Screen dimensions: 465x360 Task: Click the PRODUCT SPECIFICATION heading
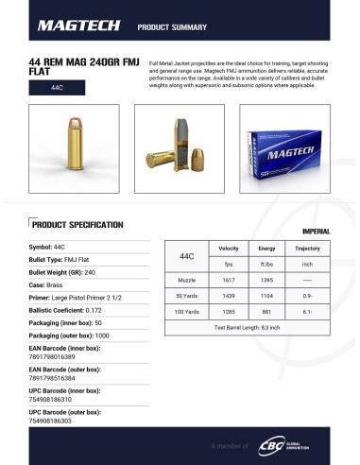(77, 225)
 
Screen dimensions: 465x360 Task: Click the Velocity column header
(228, 249)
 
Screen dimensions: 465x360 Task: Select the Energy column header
(267, 249)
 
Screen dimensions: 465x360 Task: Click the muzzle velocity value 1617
(228, 281)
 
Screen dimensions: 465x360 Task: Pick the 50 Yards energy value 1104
(267, 296)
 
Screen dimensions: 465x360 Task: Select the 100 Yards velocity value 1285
(228, 311)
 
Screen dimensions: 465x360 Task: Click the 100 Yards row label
(186, 311)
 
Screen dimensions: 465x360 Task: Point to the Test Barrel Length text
(248, 327)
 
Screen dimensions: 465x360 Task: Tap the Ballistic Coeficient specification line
(66, 309)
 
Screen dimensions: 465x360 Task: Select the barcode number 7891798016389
(51, 357)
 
